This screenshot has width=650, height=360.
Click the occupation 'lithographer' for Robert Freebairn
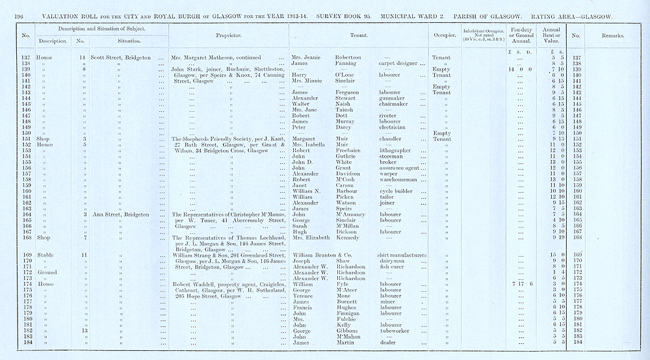[x=396, y=150]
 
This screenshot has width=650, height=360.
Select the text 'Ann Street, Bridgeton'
[x=120, y=214]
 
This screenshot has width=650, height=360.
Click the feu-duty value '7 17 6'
[x=522, y=283]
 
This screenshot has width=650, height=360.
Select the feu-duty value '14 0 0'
[x=521, y=69]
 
